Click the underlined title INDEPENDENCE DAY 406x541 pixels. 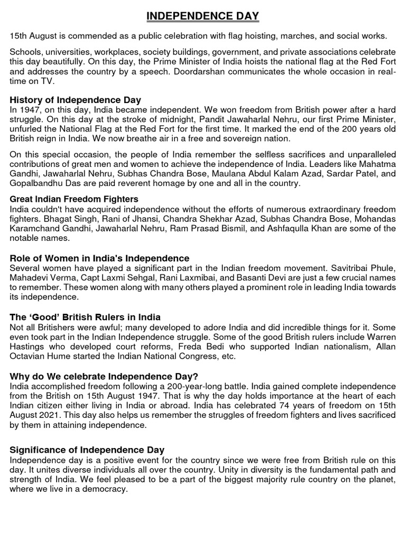point(202,17)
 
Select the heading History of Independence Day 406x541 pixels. point(76,100)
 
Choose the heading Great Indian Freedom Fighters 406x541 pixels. point(74,199)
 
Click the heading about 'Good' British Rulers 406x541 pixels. point(85,317)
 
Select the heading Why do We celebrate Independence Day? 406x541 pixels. point(104,376)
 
